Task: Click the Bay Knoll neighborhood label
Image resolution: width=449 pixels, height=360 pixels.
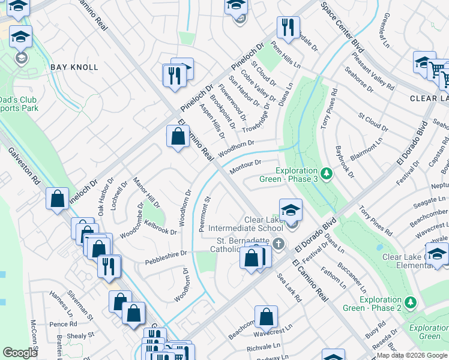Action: pyautogui.click(x=74, y=67)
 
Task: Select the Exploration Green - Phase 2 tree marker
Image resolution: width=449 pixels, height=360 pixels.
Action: pyautogui.click(x=410, y=302)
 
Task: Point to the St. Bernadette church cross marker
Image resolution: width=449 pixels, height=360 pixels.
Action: pyautogui.click(x=277, y=244)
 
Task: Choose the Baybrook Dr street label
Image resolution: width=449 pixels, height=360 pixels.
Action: pyautogui.click(x=345, y=161)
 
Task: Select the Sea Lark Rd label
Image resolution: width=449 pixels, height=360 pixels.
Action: pyautogui.click(x=289, y=287)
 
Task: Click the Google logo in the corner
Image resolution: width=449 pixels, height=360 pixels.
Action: pyautogui.click(x=20, y=353)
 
